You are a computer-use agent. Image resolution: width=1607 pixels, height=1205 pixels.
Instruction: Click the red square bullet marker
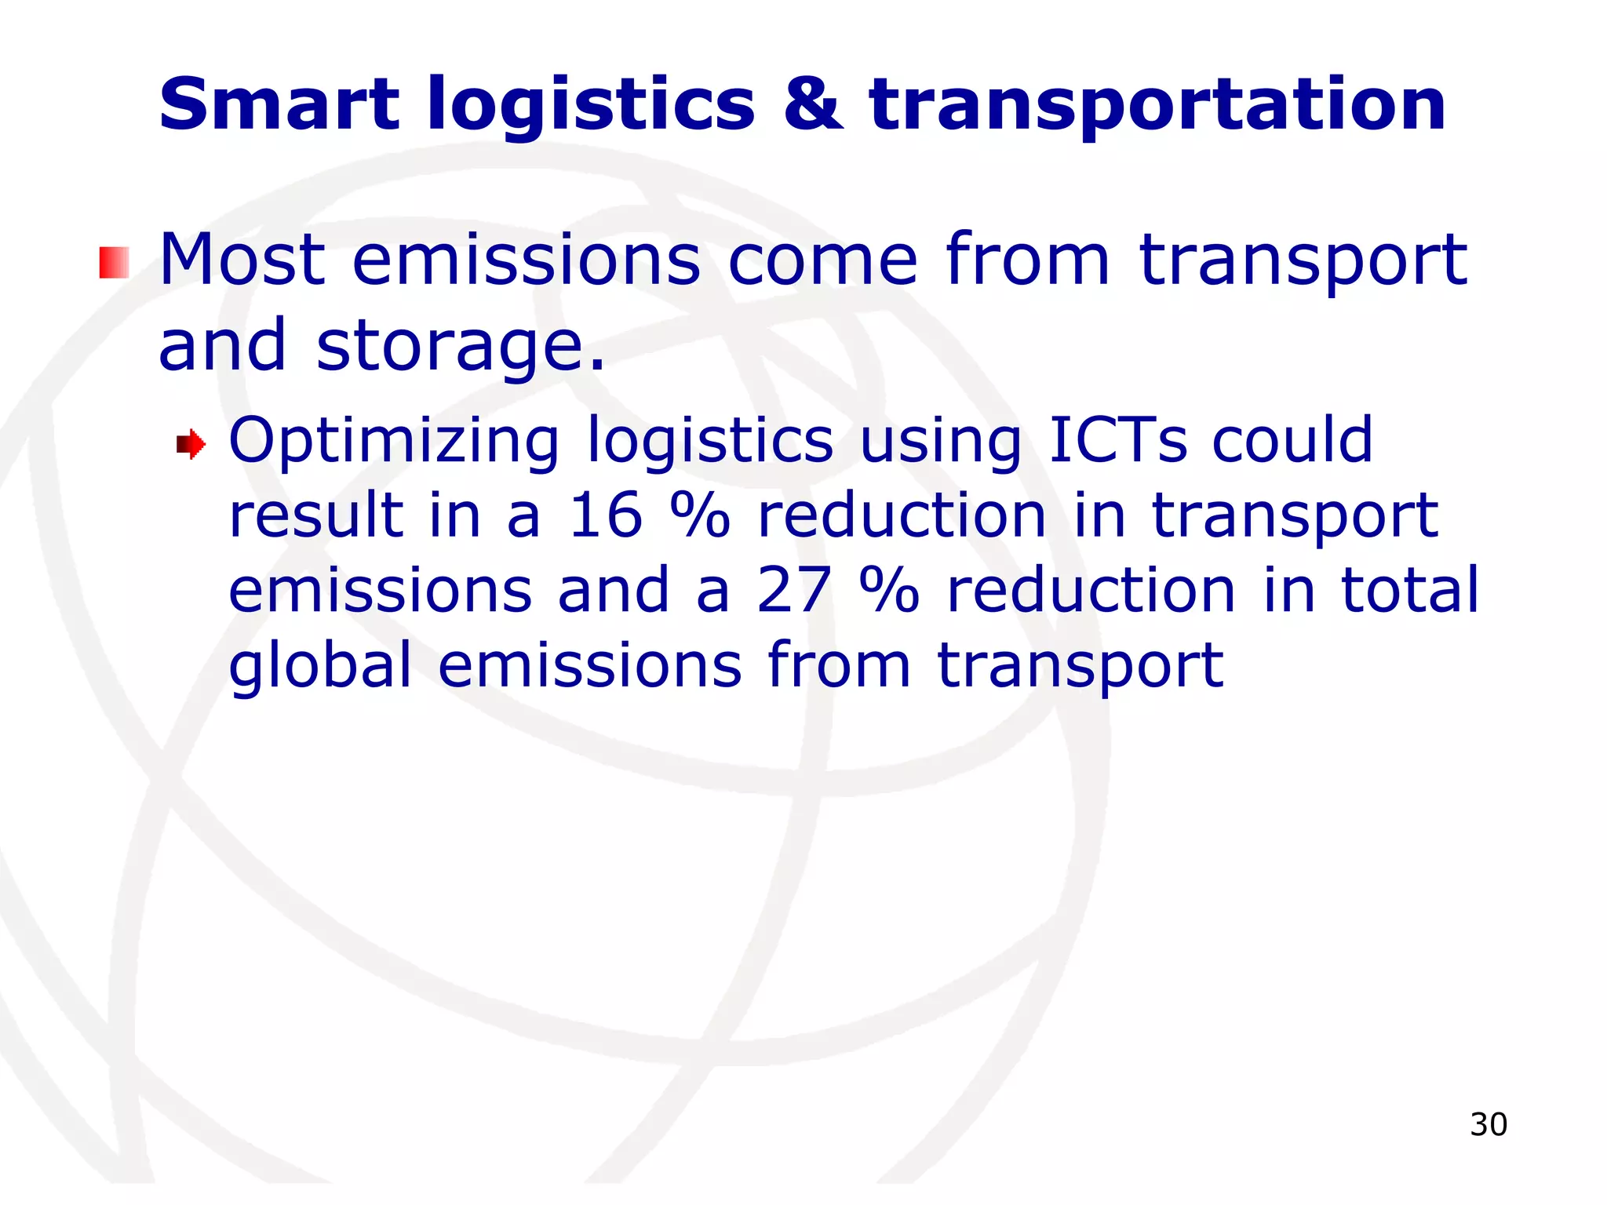click(x=114, y=262)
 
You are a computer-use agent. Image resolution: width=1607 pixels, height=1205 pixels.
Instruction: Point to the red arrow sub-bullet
click(x=191, y=446)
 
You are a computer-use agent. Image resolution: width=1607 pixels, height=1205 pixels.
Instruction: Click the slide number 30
click(x=1488, y=1124)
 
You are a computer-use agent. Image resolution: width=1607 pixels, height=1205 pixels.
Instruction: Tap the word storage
click(x=461, y=347)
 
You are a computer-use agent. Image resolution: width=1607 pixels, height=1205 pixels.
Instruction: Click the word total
click(x=1409, y=590)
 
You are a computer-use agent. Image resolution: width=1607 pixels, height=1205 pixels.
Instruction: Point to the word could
click(x=1292, y=440)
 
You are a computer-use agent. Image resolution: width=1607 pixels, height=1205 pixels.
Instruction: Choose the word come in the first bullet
click(x=822, y=260)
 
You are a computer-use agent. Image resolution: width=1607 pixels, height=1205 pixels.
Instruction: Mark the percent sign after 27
click(x=888, y=591)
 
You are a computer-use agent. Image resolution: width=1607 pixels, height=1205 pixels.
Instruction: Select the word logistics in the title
click(x=590, y=106)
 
